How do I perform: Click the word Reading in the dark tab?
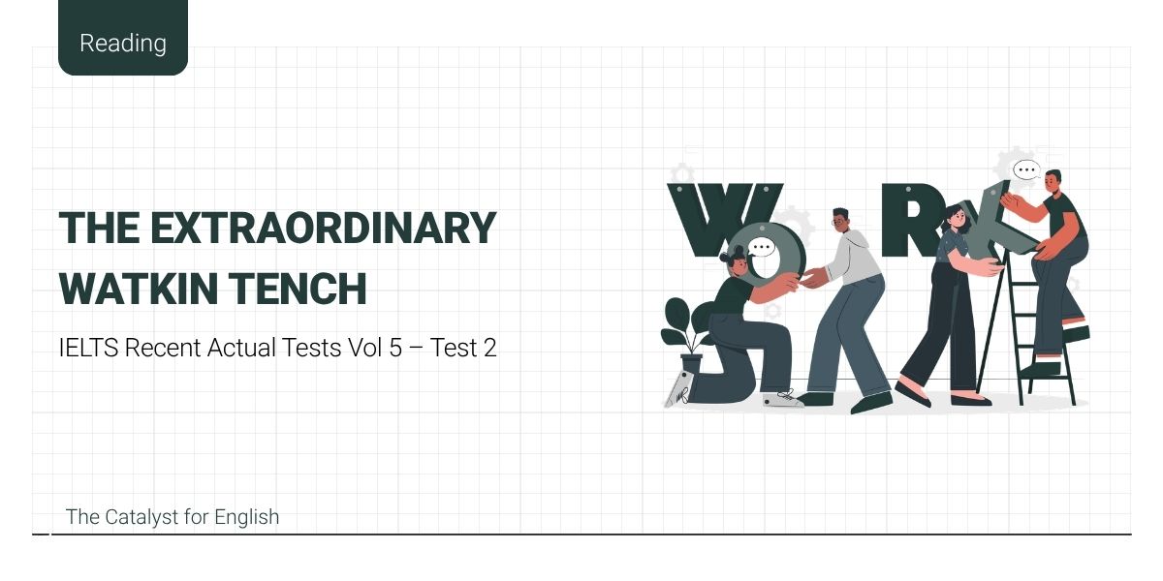pos(123,44)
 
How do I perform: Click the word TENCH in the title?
pos(312,289)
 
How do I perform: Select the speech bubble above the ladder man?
pos(1025,171)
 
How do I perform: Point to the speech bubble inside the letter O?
pos(763,247)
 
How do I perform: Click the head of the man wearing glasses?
pos(840,220)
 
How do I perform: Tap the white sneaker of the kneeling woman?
pos(782,398)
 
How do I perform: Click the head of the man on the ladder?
pos(1053,181)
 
